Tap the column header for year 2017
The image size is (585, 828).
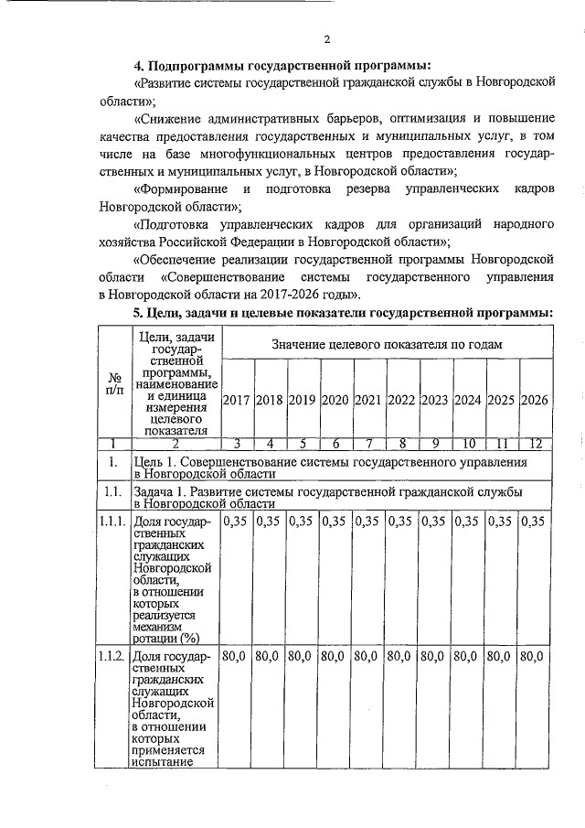pos(237,400)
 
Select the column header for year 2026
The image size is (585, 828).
pos(535,400)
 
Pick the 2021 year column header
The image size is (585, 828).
pos(367,400)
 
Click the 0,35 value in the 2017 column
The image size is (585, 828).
pos(237,522)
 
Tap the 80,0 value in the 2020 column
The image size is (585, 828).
pos(335,657)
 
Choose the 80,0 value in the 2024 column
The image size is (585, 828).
pos(469,657)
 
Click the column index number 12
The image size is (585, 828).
pos(535,444)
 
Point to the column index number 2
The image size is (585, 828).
pos(175,444)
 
